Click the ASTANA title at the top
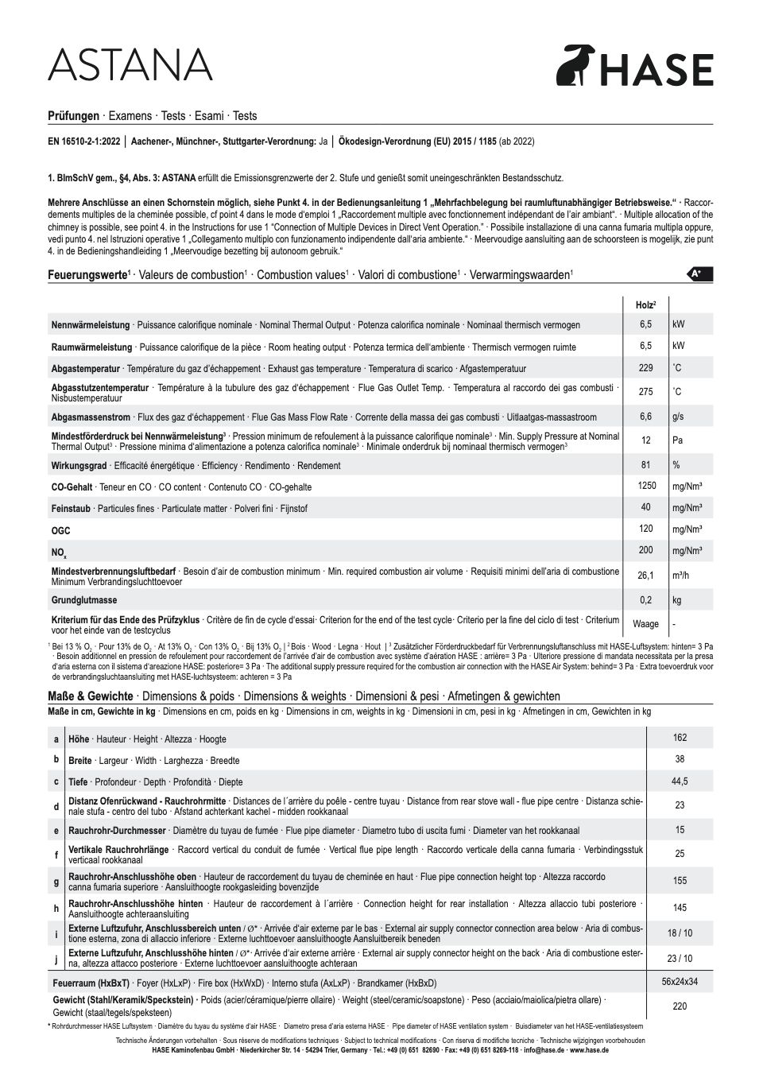click(131, 64)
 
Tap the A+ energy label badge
click(699, 273)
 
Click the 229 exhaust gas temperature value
click(645, 368)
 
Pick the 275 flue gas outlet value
click(645, 392)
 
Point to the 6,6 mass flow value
click(645, 417)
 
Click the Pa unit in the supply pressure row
click(678, 440)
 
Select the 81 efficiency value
click(645, 465)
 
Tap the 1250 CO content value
click(646, 486)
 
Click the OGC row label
click(61, 530)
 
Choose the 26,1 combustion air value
click(645, 576)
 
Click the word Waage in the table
click(645, 624)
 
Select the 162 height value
click(680, 738)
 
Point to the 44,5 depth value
click(680, 781)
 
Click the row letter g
click(56, 882)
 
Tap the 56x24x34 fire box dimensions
click(680, 982)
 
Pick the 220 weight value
click(680, 1006)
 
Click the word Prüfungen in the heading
click(74, 115)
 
